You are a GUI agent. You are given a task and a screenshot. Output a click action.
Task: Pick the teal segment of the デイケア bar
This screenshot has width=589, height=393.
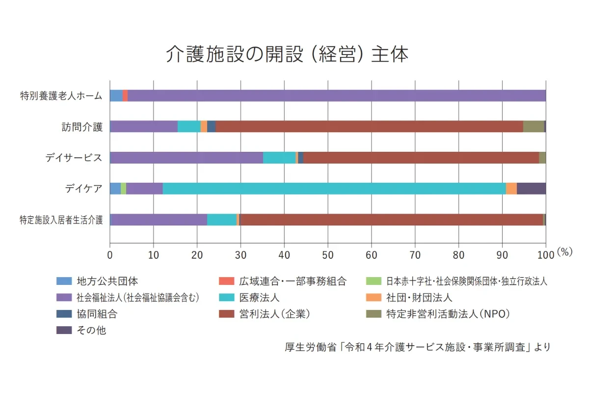334,189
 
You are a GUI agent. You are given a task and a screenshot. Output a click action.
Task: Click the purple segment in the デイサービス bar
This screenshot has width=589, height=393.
187,158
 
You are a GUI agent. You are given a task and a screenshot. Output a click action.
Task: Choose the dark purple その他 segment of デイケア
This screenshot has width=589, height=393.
531,189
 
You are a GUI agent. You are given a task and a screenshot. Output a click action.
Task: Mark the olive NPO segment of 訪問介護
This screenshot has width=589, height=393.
533,127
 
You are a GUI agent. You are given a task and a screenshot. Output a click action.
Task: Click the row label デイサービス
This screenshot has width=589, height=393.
74,158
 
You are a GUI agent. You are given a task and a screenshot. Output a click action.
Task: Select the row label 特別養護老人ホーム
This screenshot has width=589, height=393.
61,96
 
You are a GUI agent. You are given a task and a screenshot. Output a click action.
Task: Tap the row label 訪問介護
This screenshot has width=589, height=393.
82,127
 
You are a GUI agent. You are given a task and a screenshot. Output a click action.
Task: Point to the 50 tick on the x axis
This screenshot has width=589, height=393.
328,254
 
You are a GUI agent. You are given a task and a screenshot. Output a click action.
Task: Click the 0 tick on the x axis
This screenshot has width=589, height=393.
110,254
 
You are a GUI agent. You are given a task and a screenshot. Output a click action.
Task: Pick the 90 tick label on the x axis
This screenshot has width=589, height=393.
502,254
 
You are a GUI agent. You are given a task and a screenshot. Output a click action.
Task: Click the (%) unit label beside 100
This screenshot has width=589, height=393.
565,252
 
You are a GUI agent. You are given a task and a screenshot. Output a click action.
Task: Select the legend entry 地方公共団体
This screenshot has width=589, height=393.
107,281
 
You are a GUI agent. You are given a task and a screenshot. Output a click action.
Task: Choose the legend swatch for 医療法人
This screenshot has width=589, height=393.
227,298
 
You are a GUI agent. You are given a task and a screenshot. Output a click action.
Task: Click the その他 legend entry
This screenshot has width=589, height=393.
91,330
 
